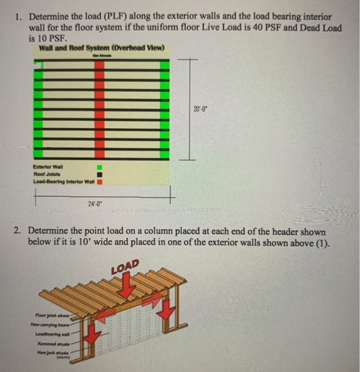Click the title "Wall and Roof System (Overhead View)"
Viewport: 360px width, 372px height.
click(x=101, y=48)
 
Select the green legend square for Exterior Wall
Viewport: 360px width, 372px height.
click(x=99, y=166)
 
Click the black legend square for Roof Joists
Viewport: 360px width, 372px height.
click(x=99, y=174)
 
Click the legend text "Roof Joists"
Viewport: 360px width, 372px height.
click(x=47, y=174)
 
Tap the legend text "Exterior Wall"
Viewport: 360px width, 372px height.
click(x=48, y=166)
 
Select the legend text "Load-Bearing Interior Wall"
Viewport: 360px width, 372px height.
click(x=64, y=182)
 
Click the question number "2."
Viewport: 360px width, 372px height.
click(x=18, y=231)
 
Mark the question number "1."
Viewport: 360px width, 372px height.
click(x=18, y=18)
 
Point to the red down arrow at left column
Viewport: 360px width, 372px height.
click(x=93, y=335)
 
